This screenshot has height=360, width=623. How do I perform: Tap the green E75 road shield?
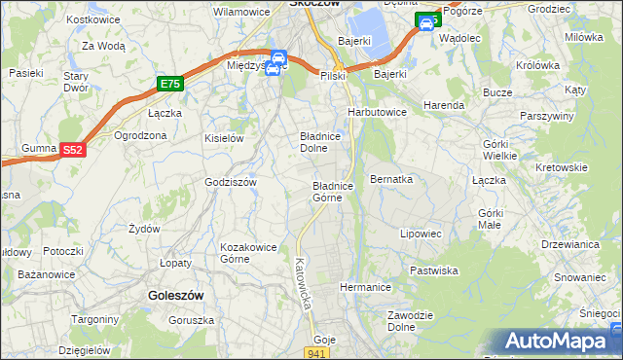pyautogui.click(x=170, y=86)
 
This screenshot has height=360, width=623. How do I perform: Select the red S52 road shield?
pyautogui.click(x=72, y=150)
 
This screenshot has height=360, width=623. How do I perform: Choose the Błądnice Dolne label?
pyautogui.click(x=319, y=143)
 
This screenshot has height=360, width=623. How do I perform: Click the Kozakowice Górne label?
pyautogui.click(x=249, y=253)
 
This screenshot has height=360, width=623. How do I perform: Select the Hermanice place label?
pyautogui.click(x=365, y=288)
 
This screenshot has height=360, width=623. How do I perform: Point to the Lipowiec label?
pyautogui.click(x=421, y=234)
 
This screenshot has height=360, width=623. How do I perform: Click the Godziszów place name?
pyautogui.click(x=230, y=182)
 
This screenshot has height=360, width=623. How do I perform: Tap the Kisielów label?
pyautogui.click(x=223, y=138)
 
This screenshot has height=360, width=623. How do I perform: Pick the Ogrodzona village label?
pyautogui.click(x=143, y=135)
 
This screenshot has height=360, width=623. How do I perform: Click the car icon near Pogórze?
pyautogui.click(x=426, y=21)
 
